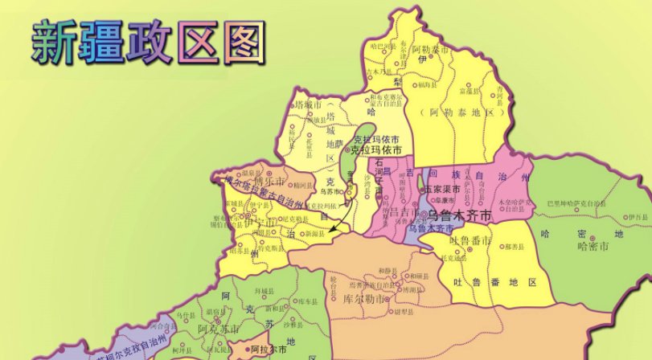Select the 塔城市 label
pos(309,104)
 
